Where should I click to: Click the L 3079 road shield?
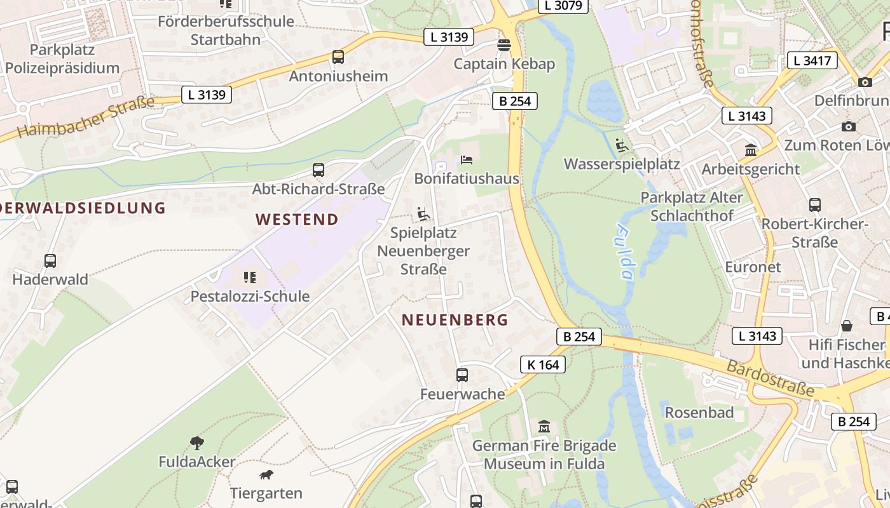point(563,6)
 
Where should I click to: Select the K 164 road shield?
point(543,364)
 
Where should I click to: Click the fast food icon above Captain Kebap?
point(504,45)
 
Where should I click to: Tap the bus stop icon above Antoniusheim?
point(338,57)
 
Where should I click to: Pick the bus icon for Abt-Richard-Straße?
point(318,170)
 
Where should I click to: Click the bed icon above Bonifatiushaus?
point(467,159)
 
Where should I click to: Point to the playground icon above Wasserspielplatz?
point(622,145)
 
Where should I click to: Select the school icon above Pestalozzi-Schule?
point(250,277)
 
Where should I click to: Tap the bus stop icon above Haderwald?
point(50,260)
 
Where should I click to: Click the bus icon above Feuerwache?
point(462,375)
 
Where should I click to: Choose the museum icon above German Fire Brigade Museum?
point(544,426)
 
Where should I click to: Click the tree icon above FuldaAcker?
point(197,443)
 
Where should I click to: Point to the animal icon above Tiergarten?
point(266,474)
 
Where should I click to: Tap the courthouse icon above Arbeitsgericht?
point(751,150)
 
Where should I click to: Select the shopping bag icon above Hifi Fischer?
point(847,326)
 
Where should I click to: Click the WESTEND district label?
point(297,220)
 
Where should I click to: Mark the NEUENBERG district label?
point(455,320)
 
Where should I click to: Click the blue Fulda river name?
point(624,252)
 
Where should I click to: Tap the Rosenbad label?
point(699,413)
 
